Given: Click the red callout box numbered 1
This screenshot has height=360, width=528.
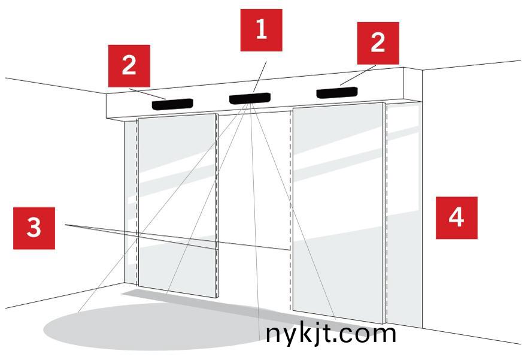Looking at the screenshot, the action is [261, 30].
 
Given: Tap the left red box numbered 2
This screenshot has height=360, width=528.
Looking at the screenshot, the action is [129, 66].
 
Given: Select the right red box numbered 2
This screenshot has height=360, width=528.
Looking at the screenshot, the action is [378, 43].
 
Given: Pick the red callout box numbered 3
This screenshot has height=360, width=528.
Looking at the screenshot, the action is [34, 228].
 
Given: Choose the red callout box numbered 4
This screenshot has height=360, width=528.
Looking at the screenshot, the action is [457, 218].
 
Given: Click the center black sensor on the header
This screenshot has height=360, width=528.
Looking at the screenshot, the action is [250, 98].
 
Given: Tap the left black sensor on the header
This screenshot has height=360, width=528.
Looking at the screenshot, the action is [172, 104].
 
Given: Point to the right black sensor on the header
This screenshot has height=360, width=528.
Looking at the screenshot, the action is [336, 92].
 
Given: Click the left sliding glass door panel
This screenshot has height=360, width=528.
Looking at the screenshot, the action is [177, 205].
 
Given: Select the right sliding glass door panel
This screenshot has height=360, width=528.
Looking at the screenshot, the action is [338, 212].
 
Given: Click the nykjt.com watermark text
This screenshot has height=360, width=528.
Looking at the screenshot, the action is [330, 334].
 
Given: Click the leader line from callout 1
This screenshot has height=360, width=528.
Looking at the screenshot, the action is [260, 77].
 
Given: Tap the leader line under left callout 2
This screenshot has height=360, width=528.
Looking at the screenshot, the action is [147, 94].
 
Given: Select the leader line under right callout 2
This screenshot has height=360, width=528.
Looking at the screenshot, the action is [358, 75].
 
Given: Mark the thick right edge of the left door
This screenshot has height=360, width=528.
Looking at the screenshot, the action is [217, 206].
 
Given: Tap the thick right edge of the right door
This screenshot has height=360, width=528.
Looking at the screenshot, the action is [384, 213].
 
